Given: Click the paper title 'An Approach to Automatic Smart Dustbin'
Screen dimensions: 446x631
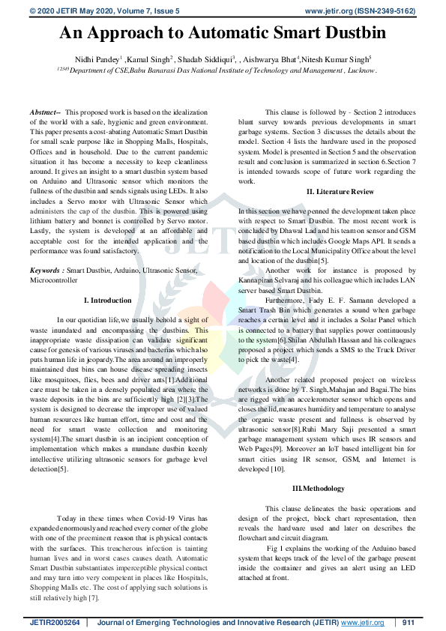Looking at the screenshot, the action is click(x=222, y=33).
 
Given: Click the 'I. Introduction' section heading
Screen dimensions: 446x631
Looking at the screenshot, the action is click(x=108, y=300).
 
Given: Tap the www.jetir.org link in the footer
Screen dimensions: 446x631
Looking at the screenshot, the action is click(x=363, y=623).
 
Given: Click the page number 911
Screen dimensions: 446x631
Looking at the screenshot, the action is click(x=409, y=623).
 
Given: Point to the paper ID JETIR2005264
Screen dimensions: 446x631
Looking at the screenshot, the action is click(x=55, y=623).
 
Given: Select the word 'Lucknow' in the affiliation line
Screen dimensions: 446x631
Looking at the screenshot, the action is click(x=361, y=70).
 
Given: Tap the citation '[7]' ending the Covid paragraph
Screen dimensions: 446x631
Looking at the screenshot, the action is click(x=94, y=597).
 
